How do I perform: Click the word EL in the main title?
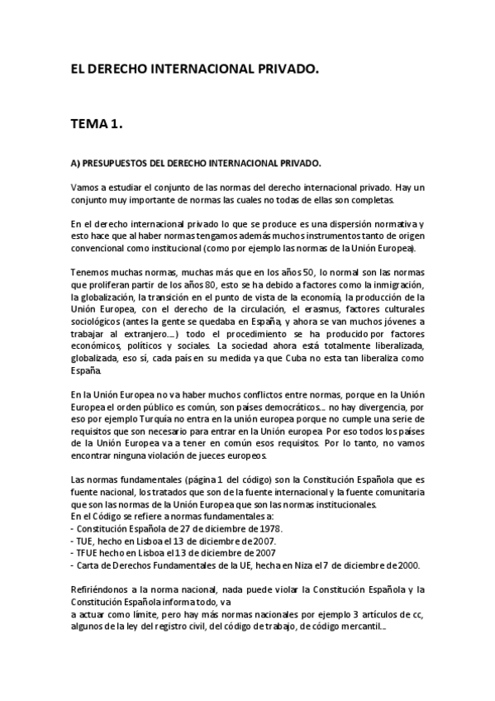pos(78,71)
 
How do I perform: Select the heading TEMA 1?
pos(97,125)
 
